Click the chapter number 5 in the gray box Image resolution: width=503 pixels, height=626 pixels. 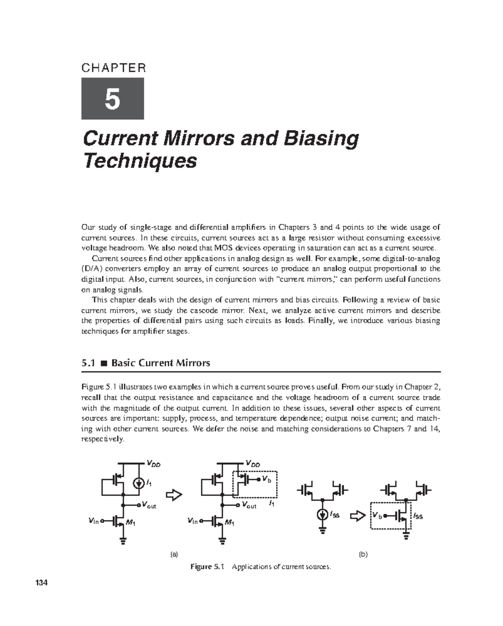point(112,99)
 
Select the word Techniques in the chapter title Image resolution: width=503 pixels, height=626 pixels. point(140,161)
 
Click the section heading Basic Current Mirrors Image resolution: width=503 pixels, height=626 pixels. point(161,363)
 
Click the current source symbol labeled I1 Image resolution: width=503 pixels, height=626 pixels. point(138,484)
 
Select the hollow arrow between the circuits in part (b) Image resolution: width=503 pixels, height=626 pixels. point(357,517)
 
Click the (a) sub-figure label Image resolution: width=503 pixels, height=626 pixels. point(174,554)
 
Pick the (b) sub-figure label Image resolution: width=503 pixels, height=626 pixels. point(363,554)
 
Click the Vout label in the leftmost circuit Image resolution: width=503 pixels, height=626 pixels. point(149,505)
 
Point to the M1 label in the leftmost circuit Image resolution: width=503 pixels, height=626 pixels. point(131,523)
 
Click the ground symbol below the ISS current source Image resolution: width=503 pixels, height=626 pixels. point(322,531)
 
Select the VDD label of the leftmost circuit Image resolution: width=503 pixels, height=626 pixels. point(153,464)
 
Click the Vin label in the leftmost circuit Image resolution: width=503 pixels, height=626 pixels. point(93,521)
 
